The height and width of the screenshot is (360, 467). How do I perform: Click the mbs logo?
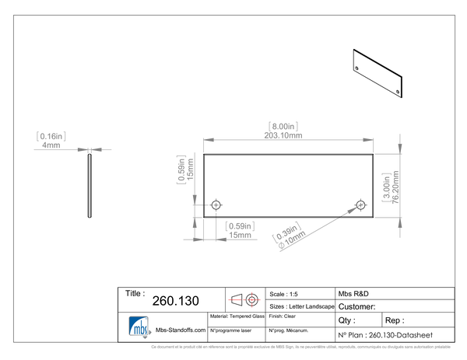click(140, 327)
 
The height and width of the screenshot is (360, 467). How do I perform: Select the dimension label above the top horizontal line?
click(283, 127)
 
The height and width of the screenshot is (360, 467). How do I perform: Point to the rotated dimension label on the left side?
click(184, 168)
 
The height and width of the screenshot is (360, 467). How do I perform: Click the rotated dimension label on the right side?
click(386, 187)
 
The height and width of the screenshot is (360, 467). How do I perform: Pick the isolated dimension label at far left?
click(51, 137)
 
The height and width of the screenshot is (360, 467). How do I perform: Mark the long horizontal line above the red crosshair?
click(288, 287)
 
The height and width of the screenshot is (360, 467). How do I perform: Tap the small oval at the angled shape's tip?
click(357, 207)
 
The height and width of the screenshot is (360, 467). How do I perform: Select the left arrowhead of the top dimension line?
click(205, 139)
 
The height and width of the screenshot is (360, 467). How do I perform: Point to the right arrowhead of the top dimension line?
click(368, 139)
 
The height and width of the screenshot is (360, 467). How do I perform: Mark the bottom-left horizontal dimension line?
click(222, 240)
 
